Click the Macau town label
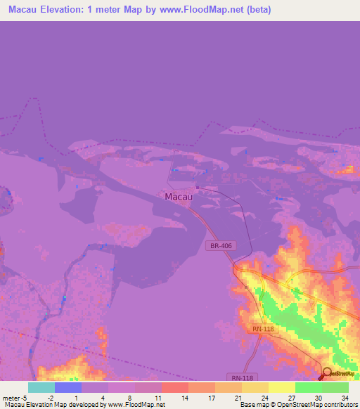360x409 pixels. pyautogui.click(x=179, y=197)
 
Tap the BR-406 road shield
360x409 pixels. pyautogui.click(x=220, y=246)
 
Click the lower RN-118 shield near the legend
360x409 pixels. pyautogui.click(x=240, y=377)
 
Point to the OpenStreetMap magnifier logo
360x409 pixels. pyautogui.click(x=326, y=373)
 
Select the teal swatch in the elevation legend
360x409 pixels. pyautogui.click(x=41, y=387)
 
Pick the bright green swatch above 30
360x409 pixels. pyautogui.click(x=309, y=387)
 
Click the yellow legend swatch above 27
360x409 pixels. pyautogui.click(x=282, y=387)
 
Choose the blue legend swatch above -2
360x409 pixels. pyautogui.click(x=68, y=387)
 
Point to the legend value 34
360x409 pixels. pyautogui.click(x=344, y=397)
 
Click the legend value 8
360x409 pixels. pyautogui.click(x=130, y=397)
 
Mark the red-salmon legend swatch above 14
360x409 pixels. pyautogui.click(x=175, y=387)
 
